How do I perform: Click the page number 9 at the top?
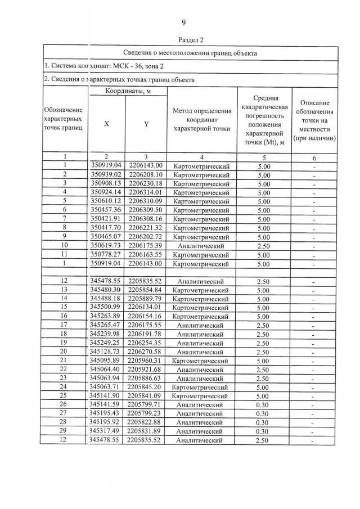coord(183,22)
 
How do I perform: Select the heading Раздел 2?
coord(190,40)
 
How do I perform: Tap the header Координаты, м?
coord(128,91)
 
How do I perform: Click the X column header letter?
coord(106,124)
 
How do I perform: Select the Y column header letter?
coord(146,124)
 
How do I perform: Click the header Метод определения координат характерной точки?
coord(202,119)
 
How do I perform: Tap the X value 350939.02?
coord(106,174)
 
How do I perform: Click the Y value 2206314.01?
coord(146,192)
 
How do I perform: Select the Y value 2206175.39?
coord(146,246)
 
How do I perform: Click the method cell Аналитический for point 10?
coord(201,246)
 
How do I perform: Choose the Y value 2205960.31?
coord(146,361)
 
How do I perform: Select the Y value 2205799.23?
coord(146,413)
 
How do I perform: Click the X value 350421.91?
coord(106,219)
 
